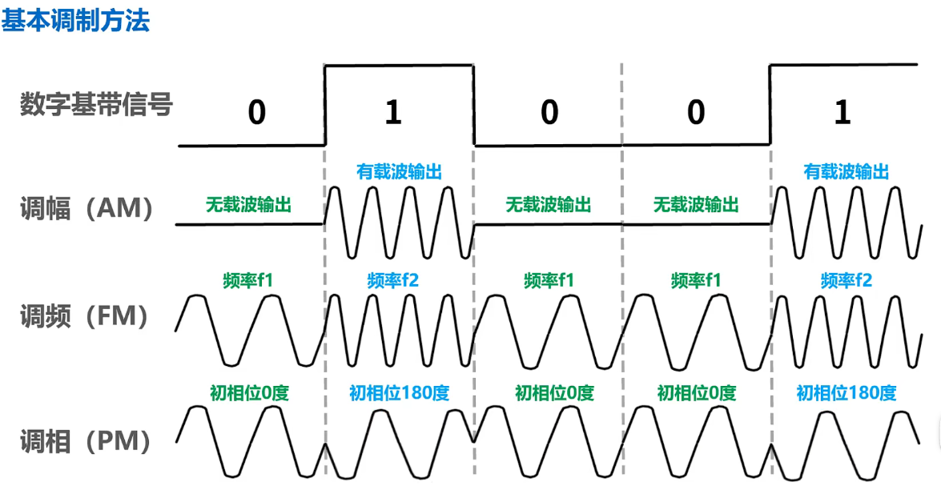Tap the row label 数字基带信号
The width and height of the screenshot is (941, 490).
[96, 105]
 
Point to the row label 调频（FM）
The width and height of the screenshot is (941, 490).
[84, 316]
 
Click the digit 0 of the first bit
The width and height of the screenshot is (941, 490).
[256, 113]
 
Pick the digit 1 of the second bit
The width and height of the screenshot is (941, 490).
[392, 113]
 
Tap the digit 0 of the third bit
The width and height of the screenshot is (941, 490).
[549, 113]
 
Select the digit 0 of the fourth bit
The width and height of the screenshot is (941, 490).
[695, 113]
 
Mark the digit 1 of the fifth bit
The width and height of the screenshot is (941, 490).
[842, 113]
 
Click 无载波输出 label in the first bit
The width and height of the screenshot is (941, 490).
[248, 204]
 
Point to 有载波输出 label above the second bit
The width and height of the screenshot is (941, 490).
[399, 171]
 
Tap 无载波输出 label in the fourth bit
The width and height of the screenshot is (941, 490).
[695, 204]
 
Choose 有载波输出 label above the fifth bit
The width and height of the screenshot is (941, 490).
[846, 171]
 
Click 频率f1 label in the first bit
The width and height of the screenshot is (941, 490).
[249, 280]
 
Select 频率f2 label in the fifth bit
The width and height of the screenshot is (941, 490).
[846, 280]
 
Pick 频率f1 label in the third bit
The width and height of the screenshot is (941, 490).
[549, 280]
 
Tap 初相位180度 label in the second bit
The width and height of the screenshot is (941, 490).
[399, 393]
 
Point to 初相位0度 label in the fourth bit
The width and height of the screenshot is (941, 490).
[697, 393]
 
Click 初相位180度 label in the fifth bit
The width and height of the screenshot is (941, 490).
[846, 393]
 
